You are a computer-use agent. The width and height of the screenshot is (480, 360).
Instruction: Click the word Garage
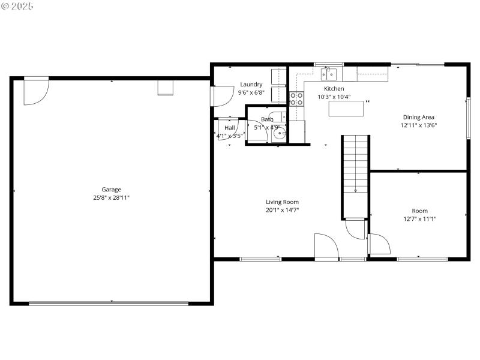(111, 190)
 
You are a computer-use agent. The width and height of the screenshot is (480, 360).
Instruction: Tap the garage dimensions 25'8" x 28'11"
(111, 197)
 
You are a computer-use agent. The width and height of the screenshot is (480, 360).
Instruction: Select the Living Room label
(282, 202)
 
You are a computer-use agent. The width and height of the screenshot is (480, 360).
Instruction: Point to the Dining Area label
(418, 118)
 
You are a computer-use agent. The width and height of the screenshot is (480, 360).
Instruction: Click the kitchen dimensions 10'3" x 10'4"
(334, 97)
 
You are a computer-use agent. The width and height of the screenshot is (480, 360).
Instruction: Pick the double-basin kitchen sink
(328, 74)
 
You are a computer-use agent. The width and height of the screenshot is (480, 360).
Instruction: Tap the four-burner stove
(296, 98)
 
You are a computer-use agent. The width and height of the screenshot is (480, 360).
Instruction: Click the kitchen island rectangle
(346, 109)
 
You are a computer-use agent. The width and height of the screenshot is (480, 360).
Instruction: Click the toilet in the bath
(277, 116)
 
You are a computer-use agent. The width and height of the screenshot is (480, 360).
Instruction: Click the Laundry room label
(251, 85)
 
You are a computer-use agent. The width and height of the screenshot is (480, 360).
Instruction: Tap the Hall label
(230, 128)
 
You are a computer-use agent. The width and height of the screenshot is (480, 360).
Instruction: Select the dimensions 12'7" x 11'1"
(419, 219)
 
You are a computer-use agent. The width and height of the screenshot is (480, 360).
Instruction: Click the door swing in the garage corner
(35, 92)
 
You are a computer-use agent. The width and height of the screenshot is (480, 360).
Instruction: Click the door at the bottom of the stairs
(355, 229)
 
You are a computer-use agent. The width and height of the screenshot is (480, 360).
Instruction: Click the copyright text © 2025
(17, 6)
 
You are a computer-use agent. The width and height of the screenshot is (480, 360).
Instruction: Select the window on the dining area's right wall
(468, 118)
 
